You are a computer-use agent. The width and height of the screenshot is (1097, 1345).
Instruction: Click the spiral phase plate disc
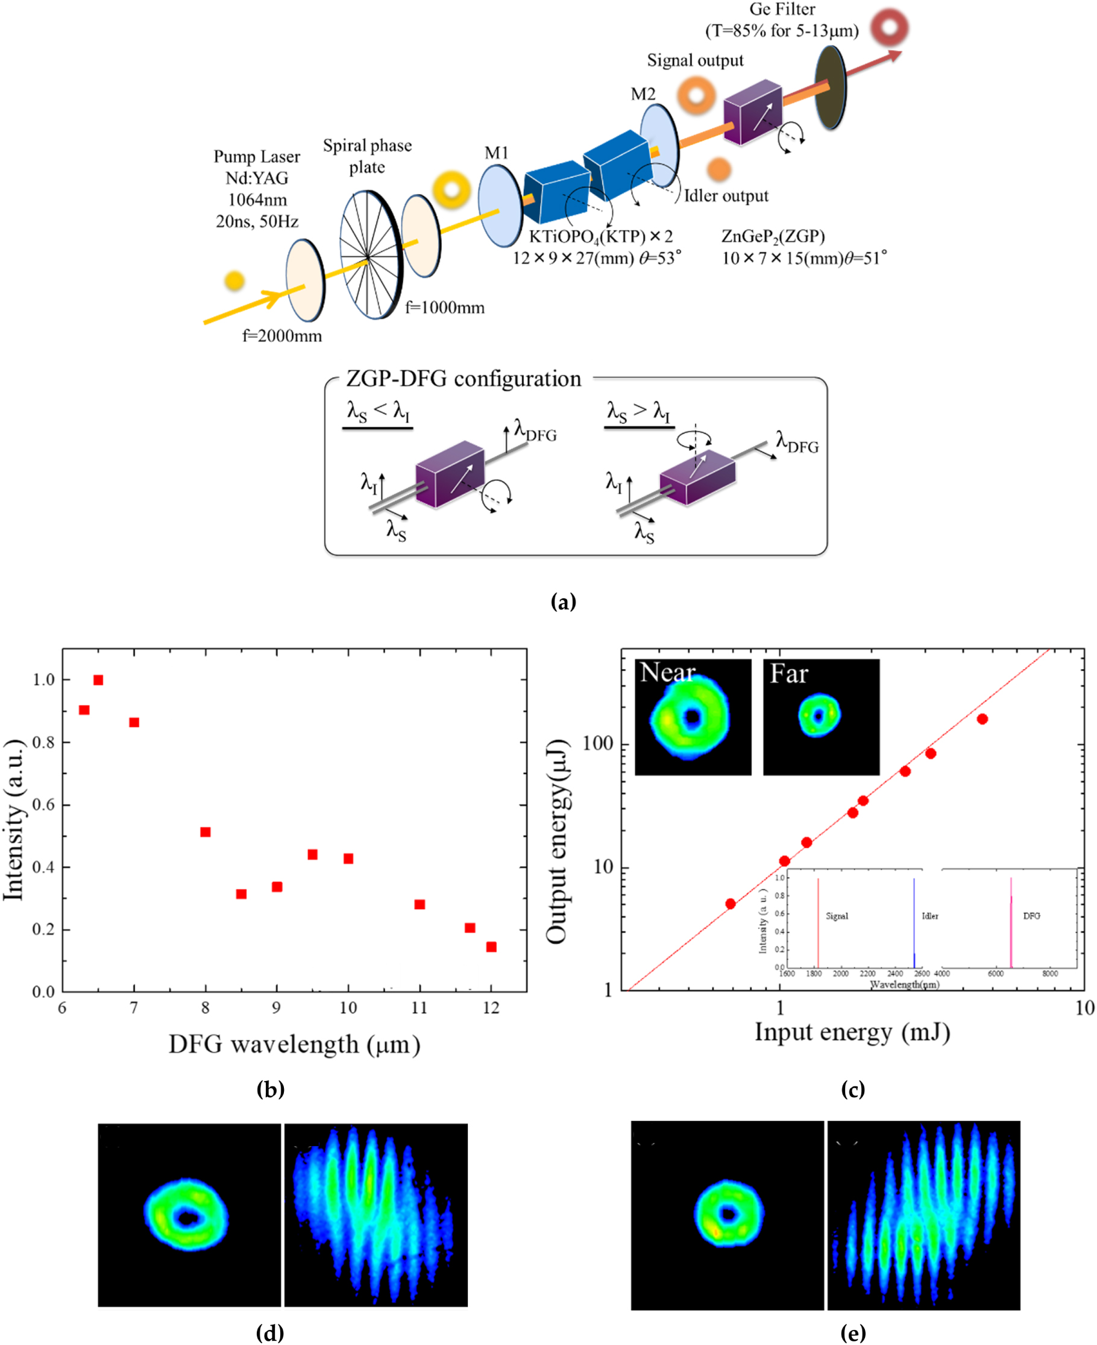(370, 255)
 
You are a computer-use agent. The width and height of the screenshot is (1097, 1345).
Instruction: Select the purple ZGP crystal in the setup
(753, 113)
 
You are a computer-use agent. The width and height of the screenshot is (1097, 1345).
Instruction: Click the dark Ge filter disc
(830, 87)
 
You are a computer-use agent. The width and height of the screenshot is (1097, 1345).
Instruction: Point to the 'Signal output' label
(695, 61)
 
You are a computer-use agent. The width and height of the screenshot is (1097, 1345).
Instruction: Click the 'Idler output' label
(726, 196)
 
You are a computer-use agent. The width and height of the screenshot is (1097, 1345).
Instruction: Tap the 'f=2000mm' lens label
(282, 336)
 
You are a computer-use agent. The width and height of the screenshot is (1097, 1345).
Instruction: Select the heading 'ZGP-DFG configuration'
(463, 379)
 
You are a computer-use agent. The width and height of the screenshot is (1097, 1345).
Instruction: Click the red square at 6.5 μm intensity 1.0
(98, 680)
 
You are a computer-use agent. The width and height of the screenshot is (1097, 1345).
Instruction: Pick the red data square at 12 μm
(491, 947)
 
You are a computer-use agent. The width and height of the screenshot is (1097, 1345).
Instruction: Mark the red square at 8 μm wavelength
(206, 832)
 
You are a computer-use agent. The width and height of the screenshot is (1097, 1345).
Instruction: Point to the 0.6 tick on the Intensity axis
(43, 805)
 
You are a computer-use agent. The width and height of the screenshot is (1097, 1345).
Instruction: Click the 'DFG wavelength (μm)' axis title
(295, 1044)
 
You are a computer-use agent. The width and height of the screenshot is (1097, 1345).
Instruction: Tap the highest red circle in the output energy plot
(982, 719)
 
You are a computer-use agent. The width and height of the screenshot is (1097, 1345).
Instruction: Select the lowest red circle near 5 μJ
(731, 904)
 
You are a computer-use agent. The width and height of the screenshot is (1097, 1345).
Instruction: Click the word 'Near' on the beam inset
(667, 673)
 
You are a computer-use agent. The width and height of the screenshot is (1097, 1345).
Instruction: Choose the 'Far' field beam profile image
(821, 717)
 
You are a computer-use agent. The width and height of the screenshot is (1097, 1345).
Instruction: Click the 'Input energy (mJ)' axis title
(852, 1032)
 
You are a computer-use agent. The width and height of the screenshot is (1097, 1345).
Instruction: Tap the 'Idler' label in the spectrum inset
(929, 916)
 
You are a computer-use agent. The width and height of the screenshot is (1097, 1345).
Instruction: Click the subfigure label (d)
(270, 1332)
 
